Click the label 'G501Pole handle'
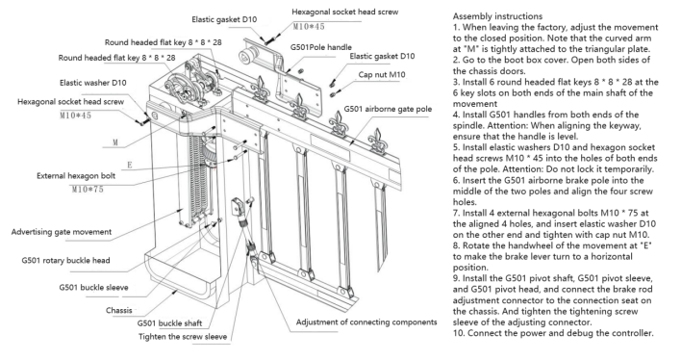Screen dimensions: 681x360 coord(321,47)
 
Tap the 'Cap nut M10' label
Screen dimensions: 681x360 coord(382,74)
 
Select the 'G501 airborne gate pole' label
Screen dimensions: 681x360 coord(388,109)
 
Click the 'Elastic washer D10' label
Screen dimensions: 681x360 coord(93,83)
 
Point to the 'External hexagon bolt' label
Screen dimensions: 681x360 coord(76,175)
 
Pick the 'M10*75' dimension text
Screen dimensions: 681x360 coord(88,189)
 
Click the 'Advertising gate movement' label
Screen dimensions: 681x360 coord(62,232)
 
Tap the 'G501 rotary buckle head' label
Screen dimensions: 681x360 coord(65,260)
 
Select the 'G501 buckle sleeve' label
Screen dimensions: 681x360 coord(93,287)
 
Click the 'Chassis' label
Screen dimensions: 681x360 coord(118,310)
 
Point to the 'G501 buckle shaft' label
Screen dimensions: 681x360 coord(169,323)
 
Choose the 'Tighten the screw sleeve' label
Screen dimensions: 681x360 coord(183,337)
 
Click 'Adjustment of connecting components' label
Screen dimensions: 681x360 coord(366,321)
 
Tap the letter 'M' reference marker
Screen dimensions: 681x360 coord(115,142)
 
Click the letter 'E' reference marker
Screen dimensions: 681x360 coord(130,165)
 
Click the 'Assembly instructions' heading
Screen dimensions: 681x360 coord(497,16)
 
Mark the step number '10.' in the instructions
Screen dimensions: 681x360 coord(459,333)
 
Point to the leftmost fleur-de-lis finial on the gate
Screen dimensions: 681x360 coord(261,89)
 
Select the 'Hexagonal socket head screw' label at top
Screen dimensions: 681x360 coord(345,12)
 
